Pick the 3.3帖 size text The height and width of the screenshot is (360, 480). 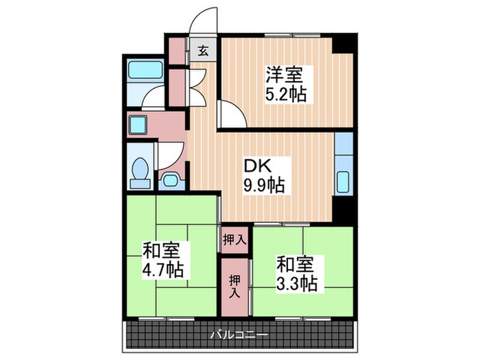[x=296, y=282]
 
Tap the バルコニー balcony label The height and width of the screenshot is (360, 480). [x=239, y=334]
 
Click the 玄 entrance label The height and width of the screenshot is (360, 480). [x=204, y=50]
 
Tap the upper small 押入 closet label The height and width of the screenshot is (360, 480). [x=235, y=239]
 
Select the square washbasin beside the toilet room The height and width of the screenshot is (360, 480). [x=139, y=125]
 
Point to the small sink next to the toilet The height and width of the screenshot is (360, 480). [x=170, y=180]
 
